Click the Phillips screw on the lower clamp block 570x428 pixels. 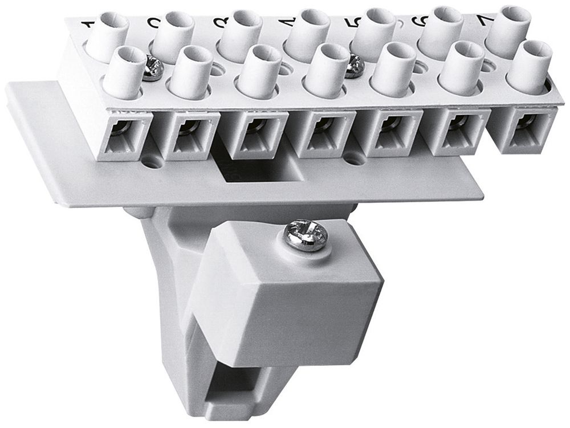pyautogui.click(x=306, y=236)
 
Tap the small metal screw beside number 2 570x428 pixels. pyautogui.click(x=153, y=67)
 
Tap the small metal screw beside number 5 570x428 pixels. pyautogui.click(x=355, y=66)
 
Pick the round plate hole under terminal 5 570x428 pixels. pyautogui.click(x=355, y=160)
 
